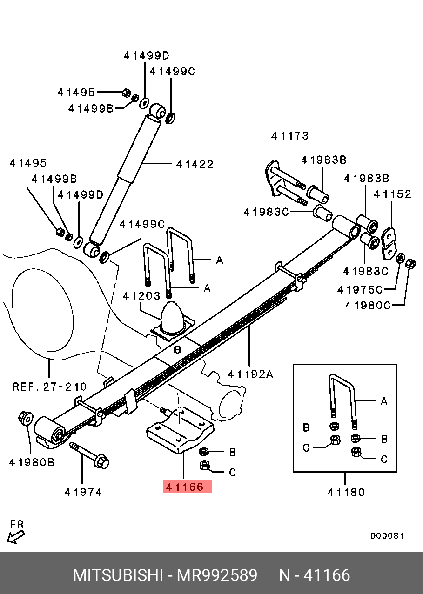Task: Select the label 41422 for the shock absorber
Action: pos(195,164)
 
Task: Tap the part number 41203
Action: pos(141,296)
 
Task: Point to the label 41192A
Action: pos(250,374)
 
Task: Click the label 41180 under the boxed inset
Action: pos(346,492)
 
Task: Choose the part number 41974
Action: pos(83,492)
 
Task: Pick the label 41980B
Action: pos(32,462)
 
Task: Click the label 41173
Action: pos(290,136)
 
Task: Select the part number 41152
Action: pos(393,194)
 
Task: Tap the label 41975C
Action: pos(360,290)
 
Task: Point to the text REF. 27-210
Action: pos(49,386)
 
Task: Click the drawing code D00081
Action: pos(387,536)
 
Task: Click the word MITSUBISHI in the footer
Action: pos(118,575)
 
